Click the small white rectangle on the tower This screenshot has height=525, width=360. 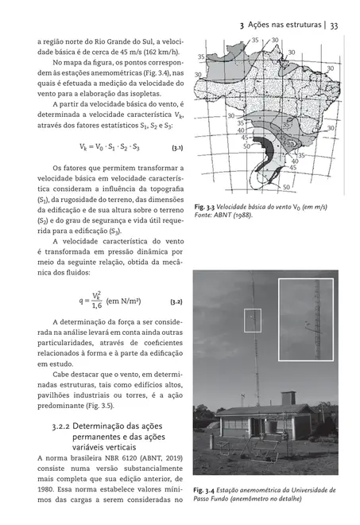coord(253,320)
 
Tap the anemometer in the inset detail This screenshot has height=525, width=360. coord(307,323)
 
